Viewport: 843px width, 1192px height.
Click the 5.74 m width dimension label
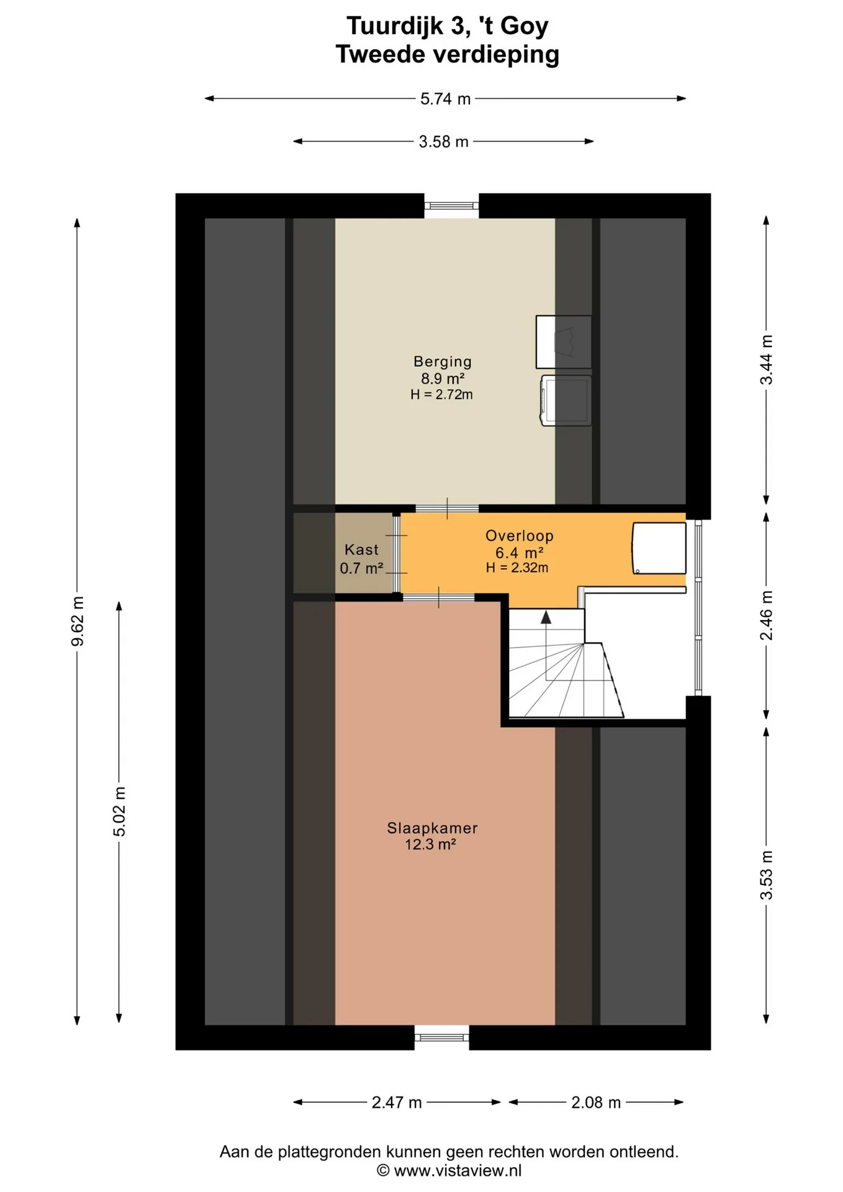(445, 99)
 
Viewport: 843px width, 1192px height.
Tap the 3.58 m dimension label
(443, 142)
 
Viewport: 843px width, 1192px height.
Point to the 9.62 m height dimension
(78, 621)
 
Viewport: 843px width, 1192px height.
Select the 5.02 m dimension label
(119, 811)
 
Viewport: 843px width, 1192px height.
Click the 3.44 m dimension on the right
(767, 359)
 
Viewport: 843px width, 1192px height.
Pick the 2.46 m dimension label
(767, 615)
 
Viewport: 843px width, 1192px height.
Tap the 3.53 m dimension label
(767, 875)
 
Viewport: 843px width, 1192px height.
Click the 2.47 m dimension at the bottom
(397, 1103)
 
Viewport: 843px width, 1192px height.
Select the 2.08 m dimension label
(596, 1103)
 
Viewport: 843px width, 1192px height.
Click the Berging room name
(443, 361)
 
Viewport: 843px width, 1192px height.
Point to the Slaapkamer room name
(432, 828)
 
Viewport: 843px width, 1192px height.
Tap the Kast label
(361, 549)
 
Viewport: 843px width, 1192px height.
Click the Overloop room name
(520, 536)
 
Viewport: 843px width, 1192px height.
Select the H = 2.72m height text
(441, 394)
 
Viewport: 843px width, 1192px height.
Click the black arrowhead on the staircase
(546, 617)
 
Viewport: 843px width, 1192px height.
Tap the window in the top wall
(451, 205)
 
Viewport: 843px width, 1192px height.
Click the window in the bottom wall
(442, 1037)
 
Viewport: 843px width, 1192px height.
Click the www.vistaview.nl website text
(458, 1171)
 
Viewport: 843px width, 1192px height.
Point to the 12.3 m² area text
(431, 844)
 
